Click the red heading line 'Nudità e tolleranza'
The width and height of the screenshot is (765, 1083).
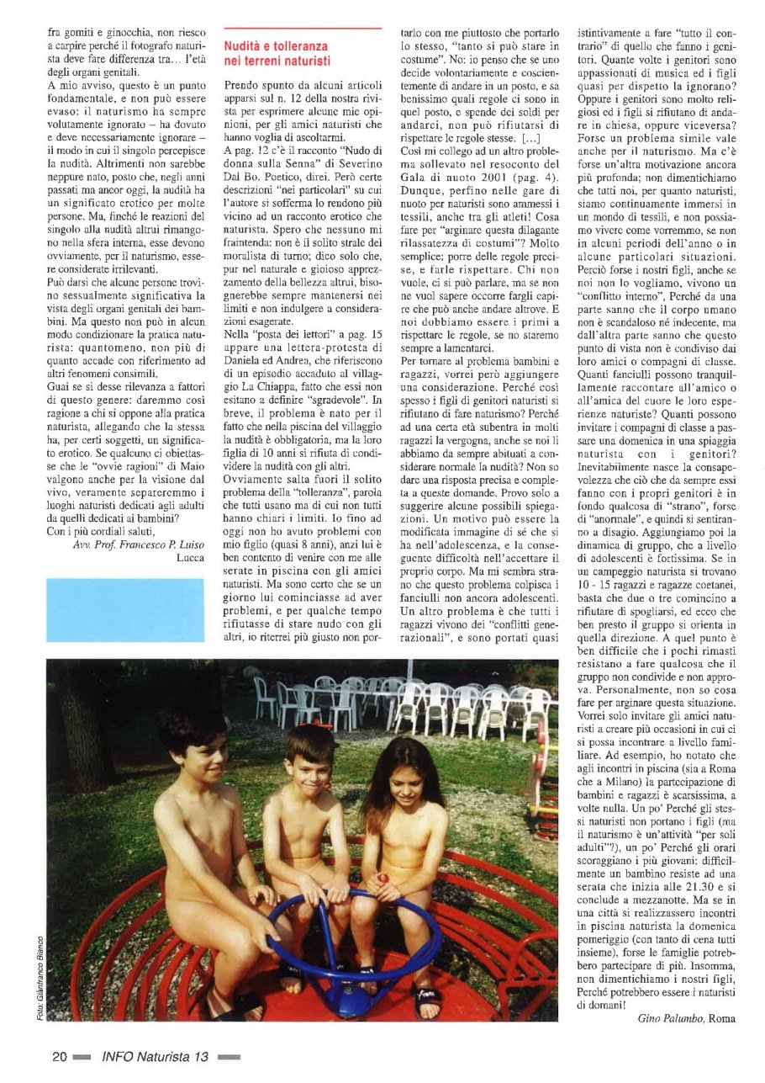[x=277, y=46]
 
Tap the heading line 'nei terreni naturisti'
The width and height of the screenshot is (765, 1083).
[x=277, y=61]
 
